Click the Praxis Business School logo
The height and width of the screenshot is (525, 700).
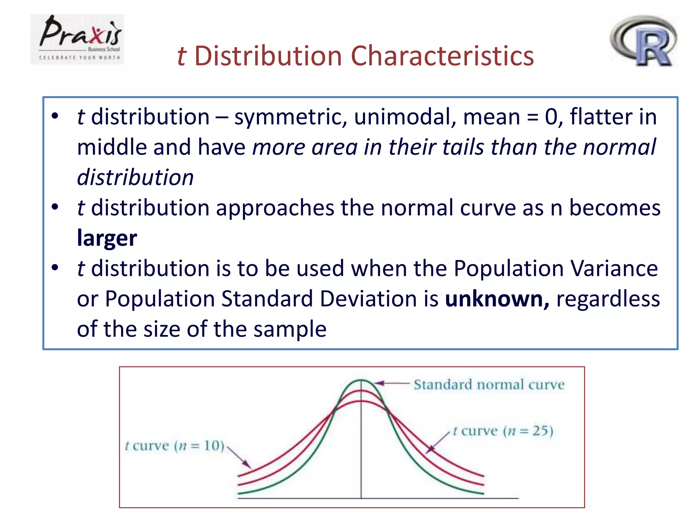(x=77, y=39)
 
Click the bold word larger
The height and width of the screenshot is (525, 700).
(x=107, y=238)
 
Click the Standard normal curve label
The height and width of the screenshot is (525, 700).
(x=489, y=385)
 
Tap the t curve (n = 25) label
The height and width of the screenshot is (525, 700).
(x=503, y=431)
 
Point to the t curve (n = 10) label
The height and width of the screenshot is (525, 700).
(x=175, y=446)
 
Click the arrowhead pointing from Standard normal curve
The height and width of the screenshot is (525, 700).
(x=379, y=383)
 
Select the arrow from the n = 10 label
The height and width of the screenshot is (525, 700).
(x=239, y=457)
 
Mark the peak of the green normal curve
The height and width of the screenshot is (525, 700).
(x=361, y=380)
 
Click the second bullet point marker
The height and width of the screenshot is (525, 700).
(x=55, y=207)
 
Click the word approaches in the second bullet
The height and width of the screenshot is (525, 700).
(x=275, y=208)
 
